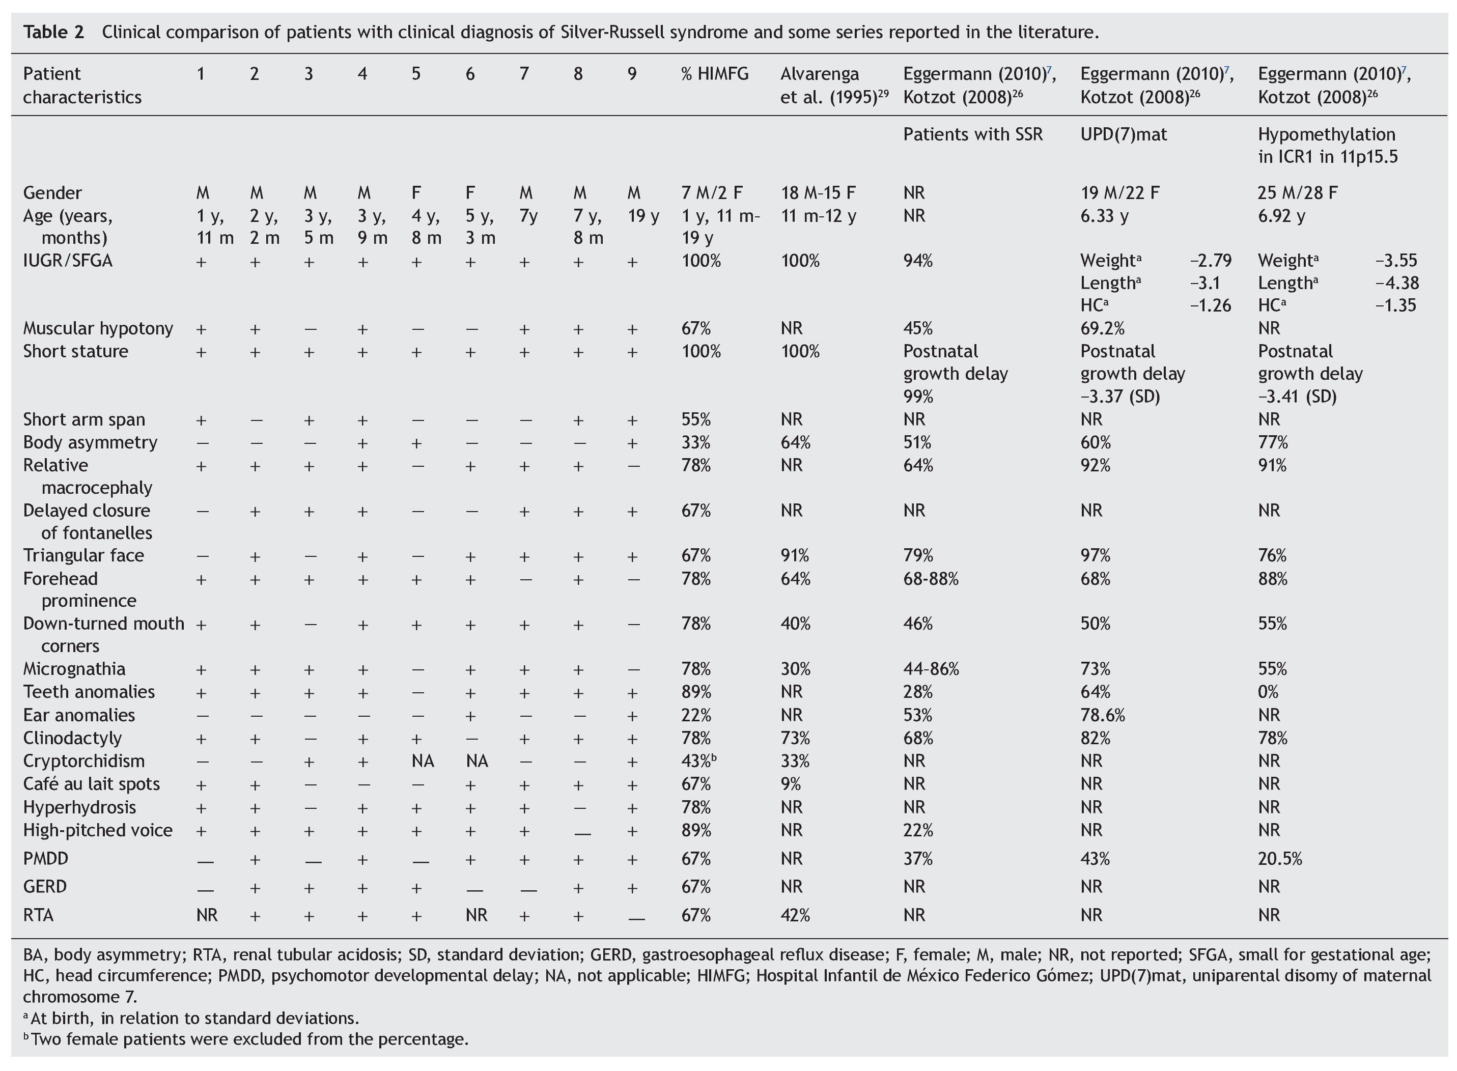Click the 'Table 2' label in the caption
click(54, 32)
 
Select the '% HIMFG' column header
click(715, 74)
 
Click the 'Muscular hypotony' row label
click(98, 329)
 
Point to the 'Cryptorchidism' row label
click(83, 761)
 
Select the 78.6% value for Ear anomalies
click(1102, 715)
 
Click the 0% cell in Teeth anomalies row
click(1268, 692)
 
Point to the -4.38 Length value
click(1397, 284)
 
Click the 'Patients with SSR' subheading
click(973, 135)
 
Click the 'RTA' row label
click(38, 915)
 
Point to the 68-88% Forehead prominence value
click(931, 579)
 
